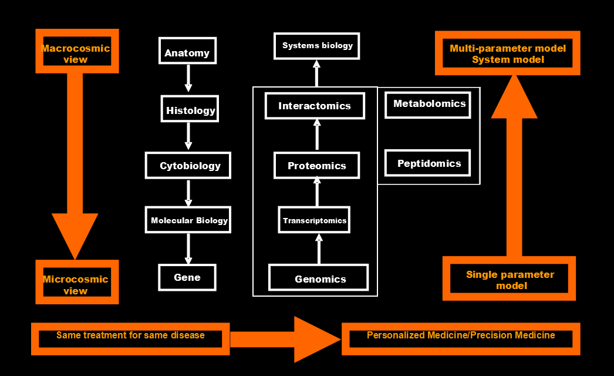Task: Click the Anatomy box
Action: pyautogui.click(x=187, y=51)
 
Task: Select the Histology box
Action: pyautogui.click(x=190, y=109)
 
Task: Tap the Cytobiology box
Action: pyautogui.click(x=188, y=165)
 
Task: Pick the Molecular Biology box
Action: pyautogui.click(x=188, y=220)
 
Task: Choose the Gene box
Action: pyautogui.click(x=187, y=277)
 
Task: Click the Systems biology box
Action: pyautogui.click(x=317, y=46)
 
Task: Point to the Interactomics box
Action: pyautogui.click(x=315, y=106)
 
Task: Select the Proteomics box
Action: pyautogui.click(x=316, y=166)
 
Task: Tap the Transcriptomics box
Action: pyautogui.click(x=314, y=220)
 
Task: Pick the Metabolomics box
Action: pyautogui.click(x=429, y=104)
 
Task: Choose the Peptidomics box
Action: pyautogui.click(x=429, y=163)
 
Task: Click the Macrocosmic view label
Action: pyautogui.click(x=76, y=53)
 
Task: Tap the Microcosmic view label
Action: pyautogui.click(x=76, y=284)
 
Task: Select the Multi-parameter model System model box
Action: pyautogui.click(x=508, y=53)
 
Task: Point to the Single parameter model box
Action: pyautogui.click(x=510, y=280)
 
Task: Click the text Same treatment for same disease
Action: pyautogui.click(x=130, y=336)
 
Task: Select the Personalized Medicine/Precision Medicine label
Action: pyautogui.click(x=461, y=336)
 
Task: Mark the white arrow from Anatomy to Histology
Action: pyautogui.click(x=188, y=78)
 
